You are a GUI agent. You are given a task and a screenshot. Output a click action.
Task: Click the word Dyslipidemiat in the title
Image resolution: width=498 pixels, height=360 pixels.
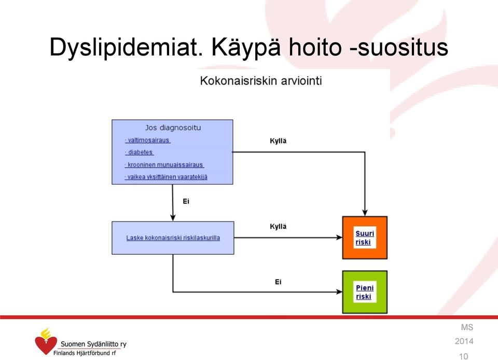point(126,48)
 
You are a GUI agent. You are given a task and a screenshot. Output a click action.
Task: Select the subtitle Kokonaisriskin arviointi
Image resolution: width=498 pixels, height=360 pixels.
point(261,80)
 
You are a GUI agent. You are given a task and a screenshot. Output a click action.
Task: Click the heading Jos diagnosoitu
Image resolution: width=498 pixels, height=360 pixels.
point(173,128)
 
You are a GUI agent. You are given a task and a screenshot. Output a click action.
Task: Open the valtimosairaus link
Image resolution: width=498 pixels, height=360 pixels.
point(148,140)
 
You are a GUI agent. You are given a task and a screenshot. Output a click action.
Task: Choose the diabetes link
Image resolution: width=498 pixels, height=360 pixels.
point(140,153)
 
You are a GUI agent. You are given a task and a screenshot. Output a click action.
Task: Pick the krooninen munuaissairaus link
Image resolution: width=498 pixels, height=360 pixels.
point(164,165)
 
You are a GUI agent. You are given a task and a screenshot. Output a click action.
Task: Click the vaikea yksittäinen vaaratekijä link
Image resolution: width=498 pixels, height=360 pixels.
point(166,177)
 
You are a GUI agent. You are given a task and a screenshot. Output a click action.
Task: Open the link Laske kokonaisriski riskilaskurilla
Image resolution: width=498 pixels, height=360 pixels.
point(173,238)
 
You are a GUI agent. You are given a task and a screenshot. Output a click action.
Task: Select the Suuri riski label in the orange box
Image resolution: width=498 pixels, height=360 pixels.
point(365,238)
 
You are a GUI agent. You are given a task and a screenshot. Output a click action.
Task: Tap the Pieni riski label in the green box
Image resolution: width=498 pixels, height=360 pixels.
point(365,292)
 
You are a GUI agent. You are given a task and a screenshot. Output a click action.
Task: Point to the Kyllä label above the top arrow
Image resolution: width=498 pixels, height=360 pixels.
point(278,141)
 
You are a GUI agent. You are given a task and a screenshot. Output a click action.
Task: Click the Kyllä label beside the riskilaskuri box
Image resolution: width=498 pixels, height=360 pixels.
point(278,227)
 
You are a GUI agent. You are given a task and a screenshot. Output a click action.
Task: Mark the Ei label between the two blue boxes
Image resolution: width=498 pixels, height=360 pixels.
point(186,201)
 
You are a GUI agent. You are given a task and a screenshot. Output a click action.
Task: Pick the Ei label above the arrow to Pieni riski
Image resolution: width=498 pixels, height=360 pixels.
point(278,282)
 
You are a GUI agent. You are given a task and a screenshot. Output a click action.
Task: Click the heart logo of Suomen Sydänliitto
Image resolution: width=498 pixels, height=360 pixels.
point(46,341)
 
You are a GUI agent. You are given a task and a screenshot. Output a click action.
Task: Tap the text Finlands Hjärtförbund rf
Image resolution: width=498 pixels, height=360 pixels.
point(85,353)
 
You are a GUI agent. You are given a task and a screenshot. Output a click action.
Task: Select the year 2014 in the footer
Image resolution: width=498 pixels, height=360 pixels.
point(464,341)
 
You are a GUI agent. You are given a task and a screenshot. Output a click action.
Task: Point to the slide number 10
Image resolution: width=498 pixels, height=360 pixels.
point(463,356)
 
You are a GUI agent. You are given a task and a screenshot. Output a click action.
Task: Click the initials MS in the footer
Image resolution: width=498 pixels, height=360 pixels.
point(467,327)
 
